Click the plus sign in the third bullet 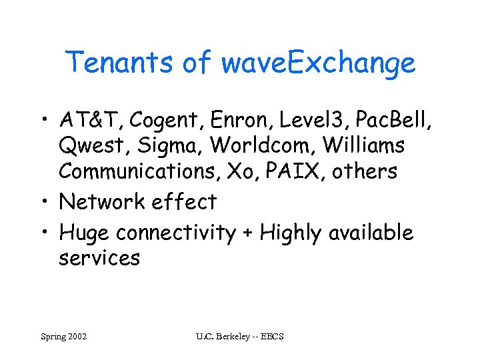click(x=248, y=233)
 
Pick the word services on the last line click(x=99, y=259)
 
